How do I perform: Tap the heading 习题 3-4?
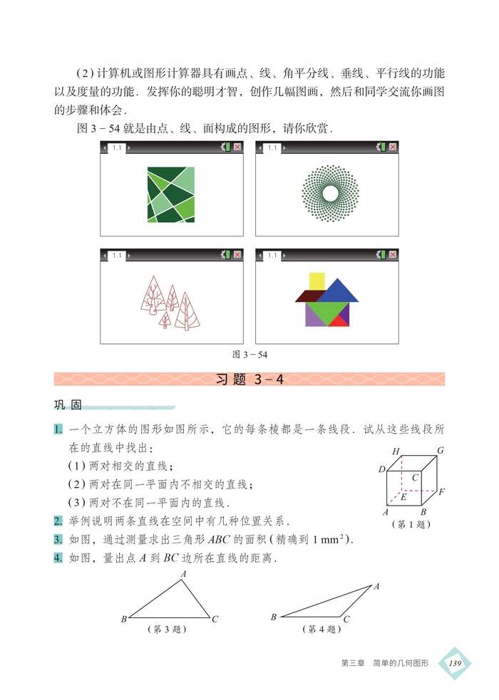(249, 380)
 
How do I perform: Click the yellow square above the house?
(317, 281)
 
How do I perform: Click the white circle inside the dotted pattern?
(329, 193)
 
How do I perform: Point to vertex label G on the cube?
(441, 450)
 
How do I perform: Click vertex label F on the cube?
(442, 492)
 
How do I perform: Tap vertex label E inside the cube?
(403, 496)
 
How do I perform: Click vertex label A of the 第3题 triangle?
(183, 573)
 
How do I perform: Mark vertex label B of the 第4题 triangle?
(274, 617)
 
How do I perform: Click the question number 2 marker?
(58, 521)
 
